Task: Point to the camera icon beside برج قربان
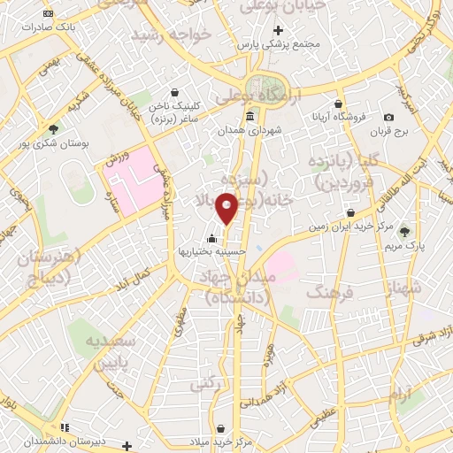tap(388, 118)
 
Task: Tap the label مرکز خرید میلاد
tap(220, 440)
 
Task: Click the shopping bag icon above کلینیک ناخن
tap(174, 93)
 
